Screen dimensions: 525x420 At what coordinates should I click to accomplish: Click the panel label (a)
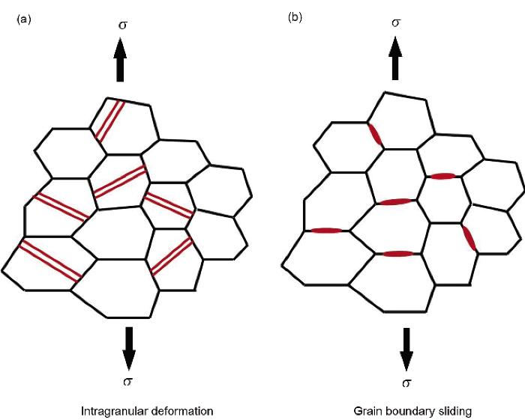coord(24,20)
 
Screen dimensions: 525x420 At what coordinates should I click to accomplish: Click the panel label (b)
coord(295,18)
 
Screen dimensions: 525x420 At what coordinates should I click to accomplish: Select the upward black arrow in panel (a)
coord(120,60)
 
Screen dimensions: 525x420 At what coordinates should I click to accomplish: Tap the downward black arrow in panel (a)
coord(128,348)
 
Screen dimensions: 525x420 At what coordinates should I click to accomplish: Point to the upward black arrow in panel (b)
coord(395,58)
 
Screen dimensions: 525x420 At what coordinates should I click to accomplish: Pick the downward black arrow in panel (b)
coord(406,350)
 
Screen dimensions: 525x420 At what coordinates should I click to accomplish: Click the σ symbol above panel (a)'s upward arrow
coord(123,25)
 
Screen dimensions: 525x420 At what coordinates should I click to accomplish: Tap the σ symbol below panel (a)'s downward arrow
coord(127,382)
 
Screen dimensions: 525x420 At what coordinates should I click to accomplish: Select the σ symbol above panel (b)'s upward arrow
coord(396,22)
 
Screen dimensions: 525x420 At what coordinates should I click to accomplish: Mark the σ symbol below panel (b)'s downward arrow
coord(406,383)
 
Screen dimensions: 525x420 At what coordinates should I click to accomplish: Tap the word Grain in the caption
coord(367,411)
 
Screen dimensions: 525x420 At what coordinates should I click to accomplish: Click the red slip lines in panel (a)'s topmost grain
coord(109,121)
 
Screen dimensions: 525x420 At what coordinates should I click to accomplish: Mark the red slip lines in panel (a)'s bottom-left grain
coord(50,260)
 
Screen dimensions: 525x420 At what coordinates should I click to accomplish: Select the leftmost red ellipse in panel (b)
coord(326,231)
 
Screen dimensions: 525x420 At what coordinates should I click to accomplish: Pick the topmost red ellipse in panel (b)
coord(375,134)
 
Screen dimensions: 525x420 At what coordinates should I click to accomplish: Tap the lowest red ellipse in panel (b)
coord(398,254)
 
